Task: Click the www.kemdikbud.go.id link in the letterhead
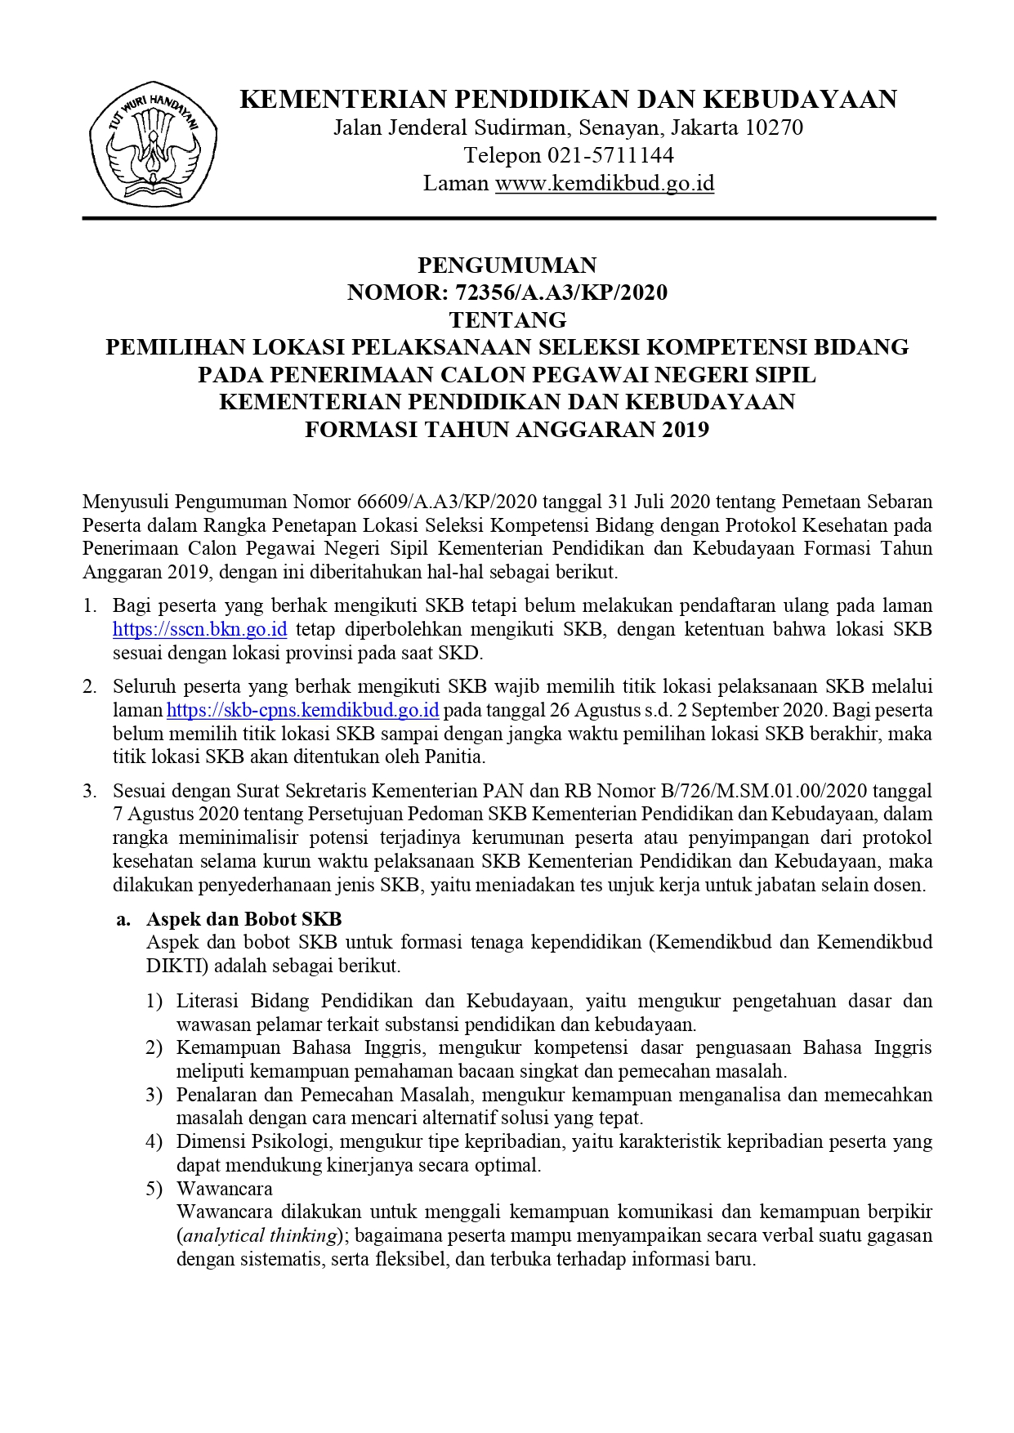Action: [605, 183]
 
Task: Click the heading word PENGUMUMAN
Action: [507, 266]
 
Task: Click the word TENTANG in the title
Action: [507, 319]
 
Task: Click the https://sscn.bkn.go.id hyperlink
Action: [199, 629]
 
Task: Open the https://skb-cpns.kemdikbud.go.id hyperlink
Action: [303, 709]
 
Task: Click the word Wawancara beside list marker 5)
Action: [225, 1189]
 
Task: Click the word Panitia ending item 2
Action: [455, 757]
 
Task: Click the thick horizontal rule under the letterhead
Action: [508, 218]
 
